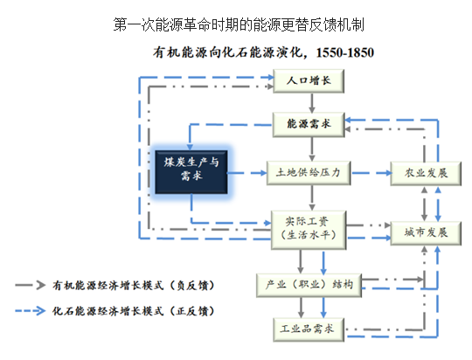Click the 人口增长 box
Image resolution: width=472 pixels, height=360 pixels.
pyautogui.click(x=309, y=81)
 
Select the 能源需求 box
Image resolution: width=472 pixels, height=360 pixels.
pyautogui.click(x=309, y=124)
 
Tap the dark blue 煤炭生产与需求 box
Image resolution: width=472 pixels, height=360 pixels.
pyautogui.click(x=191, y=172)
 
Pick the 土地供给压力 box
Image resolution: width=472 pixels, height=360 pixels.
pyautogui.click(x=309, y=173)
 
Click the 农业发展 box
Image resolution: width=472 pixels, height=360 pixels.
pyautogui.click(x=426, y=173)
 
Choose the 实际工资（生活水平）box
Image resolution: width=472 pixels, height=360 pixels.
pyautogui.click(x=309, y=230)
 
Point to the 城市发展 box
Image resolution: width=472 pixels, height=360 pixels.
pyautogui.click(x=426, y=233)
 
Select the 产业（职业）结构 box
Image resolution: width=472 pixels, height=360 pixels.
pyautogui.click(x=309, y=285)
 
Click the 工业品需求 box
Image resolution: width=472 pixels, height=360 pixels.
pyautogui.click(x=309, y=329)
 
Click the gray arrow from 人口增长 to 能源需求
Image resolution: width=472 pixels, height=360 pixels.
pyautogui.click(x=312, y=103)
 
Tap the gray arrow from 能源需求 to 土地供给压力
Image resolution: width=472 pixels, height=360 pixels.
pyautogui.click(x=312, y=149)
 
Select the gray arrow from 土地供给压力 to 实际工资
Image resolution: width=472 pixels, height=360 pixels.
pyautogui.click(x=312, y=198)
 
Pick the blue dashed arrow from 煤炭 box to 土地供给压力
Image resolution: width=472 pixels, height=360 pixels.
pyautogui.click(x=247, y=173)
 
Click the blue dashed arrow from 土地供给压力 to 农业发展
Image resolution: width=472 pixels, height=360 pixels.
pyautogui.click(x=371, y=173)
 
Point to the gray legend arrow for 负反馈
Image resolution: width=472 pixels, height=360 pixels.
pyautogui.click(x=30, y=285)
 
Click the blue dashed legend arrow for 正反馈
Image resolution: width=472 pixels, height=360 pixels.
pyautogui.click(x=30, y=311)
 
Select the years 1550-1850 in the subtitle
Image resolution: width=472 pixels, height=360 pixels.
pyautogui.click(x=345, y=52)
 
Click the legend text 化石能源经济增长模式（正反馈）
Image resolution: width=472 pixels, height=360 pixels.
pyautogui.click(x=133, y=311)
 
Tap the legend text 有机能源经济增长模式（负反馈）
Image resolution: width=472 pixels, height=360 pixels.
pyautogui.click(x=133, y=285)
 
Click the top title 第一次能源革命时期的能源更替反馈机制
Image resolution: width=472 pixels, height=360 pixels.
pyautogui.click(x=239, y=24)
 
